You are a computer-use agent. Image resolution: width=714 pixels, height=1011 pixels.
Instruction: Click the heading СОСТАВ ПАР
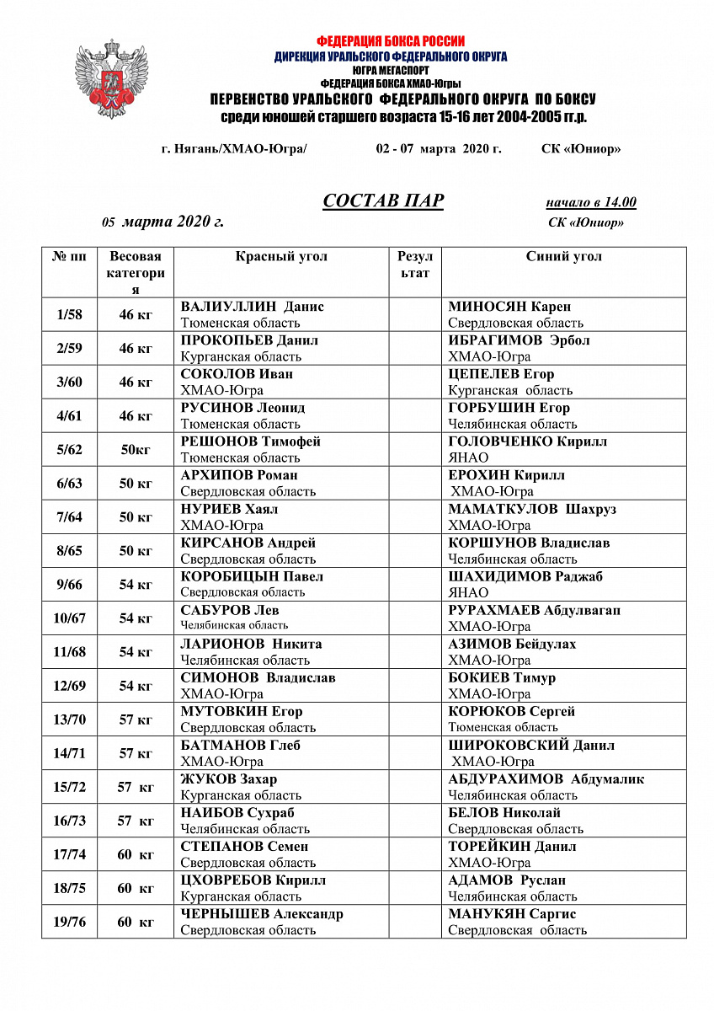[383, 201]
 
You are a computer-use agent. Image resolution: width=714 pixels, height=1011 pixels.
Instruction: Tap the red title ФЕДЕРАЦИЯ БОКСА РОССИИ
[391, 40]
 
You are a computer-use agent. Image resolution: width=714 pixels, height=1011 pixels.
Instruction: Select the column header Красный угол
[281, 257]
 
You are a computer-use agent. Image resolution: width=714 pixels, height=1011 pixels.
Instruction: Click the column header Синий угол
[563, 257]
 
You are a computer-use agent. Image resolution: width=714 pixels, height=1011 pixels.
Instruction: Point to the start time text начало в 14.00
[590, 202]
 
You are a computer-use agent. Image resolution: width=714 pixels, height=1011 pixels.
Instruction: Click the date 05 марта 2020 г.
[163, 222]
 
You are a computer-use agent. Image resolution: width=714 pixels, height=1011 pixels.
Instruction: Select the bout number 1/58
[69, 315]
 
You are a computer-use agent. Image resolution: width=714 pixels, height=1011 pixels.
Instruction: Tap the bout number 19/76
[69, 923]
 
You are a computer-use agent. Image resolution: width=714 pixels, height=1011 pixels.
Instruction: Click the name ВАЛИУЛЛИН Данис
[252, 307]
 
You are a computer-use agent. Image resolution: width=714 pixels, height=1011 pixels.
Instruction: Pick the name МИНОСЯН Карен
[509, 307]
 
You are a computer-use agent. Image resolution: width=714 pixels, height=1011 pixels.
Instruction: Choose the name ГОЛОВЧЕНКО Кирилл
[527, 441]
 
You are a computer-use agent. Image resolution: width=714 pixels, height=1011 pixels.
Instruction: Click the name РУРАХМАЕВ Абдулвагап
[534, 610]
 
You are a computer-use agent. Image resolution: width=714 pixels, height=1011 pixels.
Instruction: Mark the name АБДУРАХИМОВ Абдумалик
[546, 779]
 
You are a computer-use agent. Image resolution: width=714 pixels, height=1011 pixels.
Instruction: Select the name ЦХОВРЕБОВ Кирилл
[253, 880]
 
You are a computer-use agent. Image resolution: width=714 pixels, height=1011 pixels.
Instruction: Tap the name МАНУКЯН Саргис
[512, 914]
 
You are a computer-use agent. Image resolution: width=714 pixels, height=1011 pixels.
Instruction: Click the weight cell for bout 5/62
[136, 450]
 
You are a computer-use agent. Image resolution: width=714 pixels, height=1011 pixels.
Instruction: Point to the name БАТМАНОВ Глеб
[241, 746]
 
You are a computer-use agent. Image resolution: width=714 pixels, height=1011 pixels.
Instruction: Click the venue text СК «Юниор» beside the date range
[581, 149]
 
